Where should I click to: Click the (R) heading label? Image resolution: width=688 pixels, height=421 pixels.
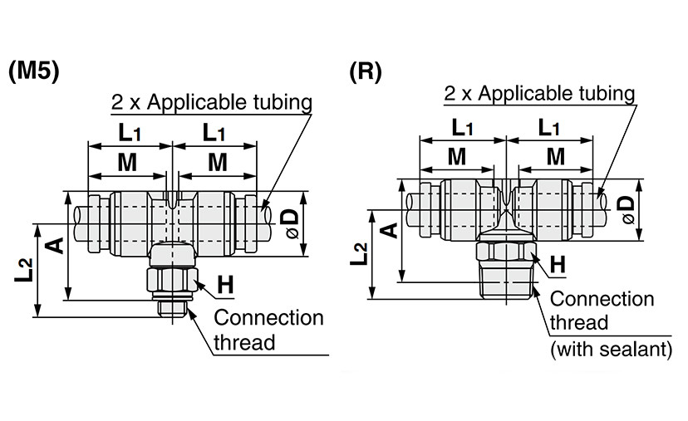[366, 71]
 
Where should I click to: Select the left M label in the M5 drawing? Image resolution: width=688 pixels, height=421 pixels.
[126, 163]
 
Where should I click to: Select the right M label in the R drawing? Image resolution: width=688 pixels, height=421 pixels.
[556, 156]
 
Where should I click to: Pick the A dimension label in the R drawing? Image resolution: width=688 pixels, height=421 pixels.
[387, 229]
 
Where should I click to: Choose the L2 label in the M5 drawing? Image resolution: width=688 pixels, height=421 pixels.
[24, 271]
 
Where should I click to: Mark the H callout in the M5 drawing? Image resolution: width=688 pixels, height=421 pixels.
[225, 285]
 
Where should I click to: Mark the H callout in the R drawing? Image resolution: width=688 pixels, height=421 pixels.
[558, 265]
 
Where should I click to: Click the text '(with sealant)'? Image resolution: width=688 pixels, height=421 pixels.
[612, 350]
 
